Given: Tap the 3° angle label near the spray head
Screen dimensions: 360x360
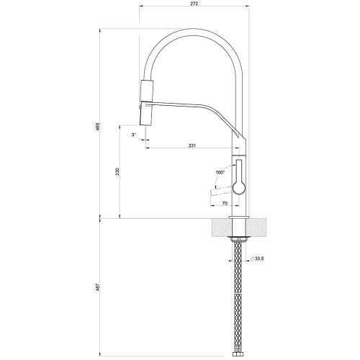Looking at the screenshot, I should pyautogui.click(x=135, y=135).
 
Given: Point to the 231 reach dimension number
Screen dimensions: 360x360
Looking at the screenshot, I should pyautogui.click(x=192, y=146).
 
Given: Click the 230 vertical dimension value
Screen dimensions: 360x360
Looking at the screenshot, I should pyautogui.click(x=117, y=174).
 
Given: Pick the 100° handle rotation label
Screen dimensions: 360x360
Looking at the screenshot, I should pyautogui.click(x=220, y=172).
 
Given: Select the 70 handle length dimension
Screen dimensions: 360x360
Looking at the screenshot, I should pyautogui.click(x=225, y=204).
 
